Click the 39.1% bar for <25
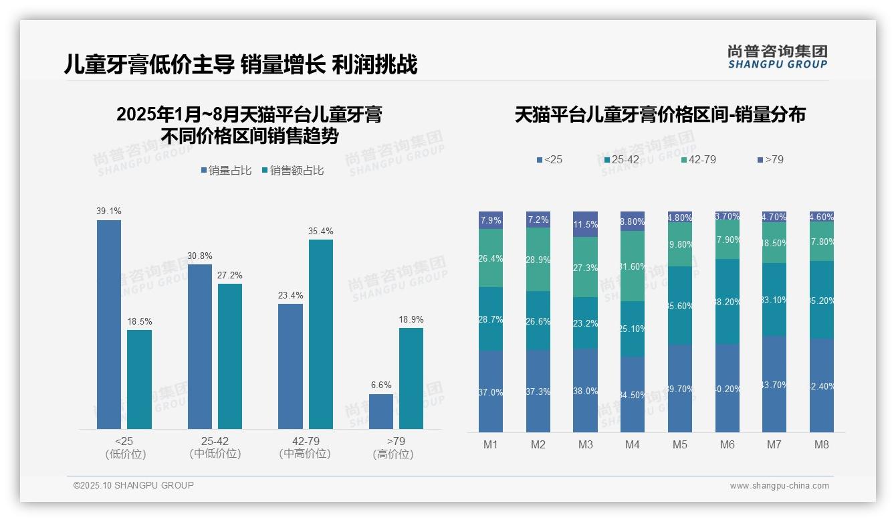[109, 325]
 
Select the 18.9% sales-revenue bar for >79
[411, 378]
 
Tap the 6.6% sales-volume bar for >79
[381, 412]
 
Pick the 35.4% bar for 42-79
[321, 334]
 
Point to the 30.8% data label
[200, 256]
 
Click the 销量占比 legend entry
[226, 171]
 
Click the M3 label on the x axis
[585, 444]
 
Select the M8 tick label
[822, 444]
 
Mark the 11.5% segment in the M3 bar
[585, 224]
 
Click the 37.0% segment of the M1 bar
[491, 391]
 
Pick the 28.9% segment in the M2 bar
[538, 259]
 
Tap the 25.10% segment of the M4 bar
[633, 329]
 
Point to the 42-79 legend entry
[699, 160]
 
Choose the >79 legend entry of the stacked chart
[770, 160]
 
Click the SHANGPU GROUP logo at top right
[778, 57]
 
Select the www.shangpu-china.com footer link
[779, 486]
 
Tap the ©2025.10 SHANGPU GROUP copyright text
[134, 485]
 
